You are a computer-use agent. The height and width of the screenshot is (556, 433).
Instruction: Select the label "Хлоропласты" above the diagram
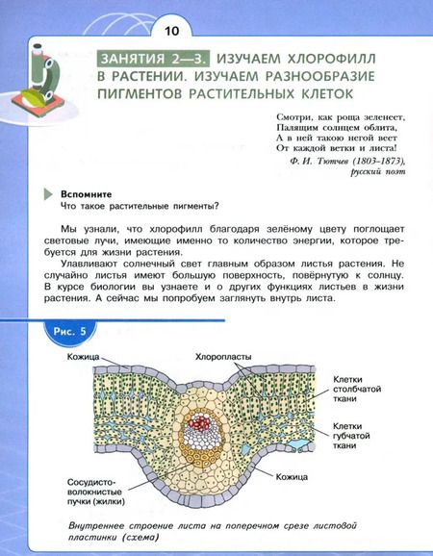[223, 356]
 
